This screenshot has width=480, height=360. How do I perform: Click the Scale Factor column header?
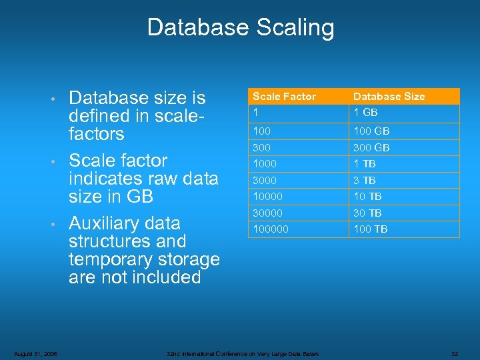point(284,97)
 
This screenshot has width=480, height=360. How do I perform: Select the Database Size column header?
point(389,97)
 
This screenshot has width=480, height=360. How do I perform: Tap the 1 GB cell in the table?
point(365,113)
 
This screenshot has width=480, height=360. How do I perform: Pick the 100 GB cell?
point(371,131)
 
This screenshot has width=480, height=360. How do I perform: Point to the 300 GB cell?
point(371,147)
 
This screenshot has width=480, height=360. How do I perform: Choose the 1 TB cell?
point(365,163)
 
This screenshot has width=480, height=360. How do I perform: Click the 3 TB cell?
point(365,180)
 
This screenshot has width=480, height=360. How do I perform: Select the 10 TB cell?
point(367,196)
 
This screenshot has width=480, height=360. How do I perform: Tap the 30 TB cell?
point(367,213)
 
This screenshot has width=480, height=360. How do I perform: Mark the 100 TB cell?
point(370,229)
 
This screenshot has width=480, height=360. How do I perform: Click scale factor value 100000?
point(271,229)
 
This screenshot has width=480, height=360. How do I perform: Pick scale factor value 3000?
point(265,180)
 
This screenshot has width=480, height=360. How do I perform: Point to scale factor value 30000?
point(267,213)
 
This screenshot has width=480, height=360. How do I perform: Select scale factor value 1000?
point(265,163)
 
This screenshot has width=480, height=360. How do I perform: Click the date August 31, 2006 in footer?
point(35,353)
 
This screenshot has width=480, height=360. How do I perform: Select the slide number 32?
point(455,353)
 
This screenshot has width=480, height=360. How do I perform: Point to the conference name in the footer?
point(243,353)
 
